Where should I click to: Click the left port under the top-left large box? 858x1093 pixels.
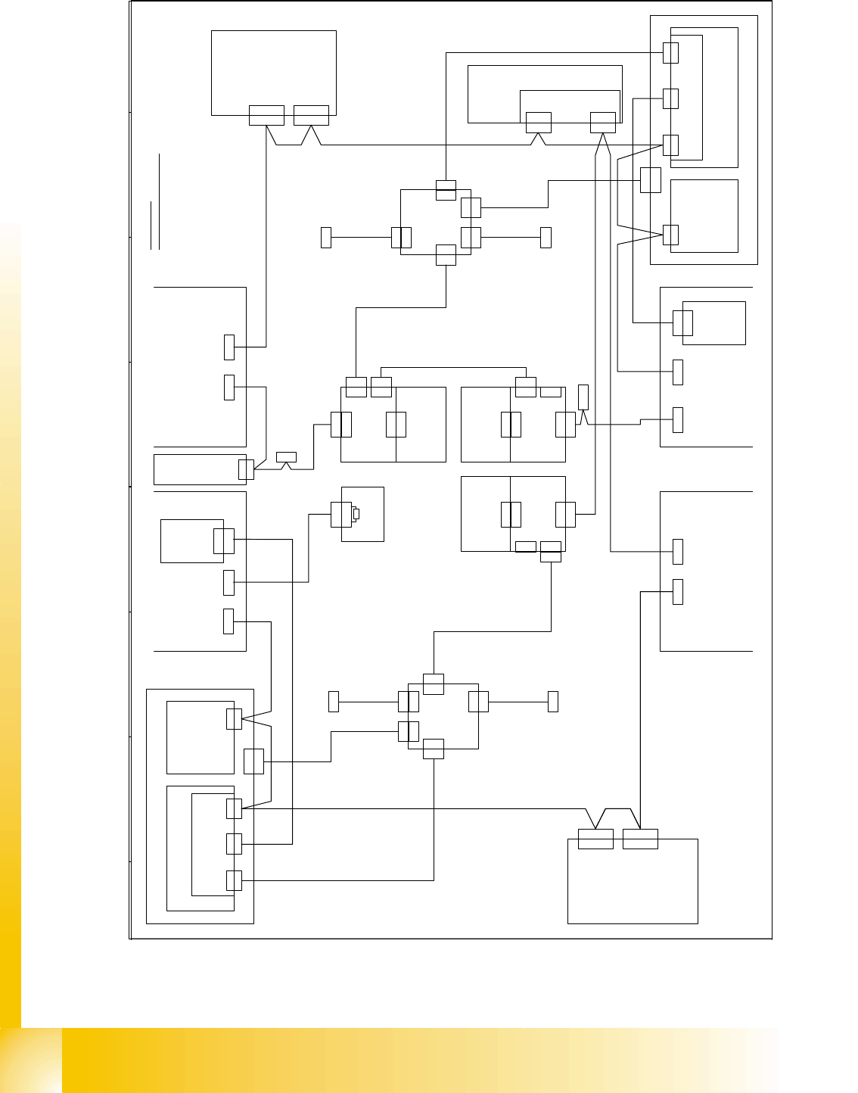(x=266, y=115)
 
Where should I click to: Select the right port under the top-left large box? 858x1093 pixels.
(x=311, y=115)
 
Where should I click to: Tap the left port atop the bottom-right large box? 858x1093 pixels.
(x=595, y=839)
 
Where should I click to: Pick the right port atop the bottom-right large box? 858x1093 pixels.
(x=640, y=839)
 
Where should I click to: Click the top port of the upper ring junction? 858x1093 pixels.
(x=446, y=191)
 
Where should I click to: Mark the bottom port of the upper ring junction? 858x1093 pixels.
(x=446, y=256)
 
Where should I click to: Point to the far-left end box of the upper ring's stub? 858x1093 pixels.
(x=326, y=237)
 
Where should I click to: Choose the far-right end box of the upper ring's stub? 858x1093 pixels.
(x=546, y=237)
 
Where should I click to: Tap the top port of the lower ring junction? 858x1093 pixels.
(x=434, y=684)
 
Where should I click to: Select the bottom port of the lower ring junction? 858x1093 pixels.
(x=434, y=749)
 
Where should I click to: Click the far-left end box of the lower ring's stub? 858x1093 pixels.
(x=334, y=701)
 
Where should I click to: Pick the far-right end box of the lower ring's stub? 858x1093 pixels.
(x=553, y=701)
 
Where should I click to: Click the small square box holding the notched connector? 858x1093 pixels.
(x=362, y=514)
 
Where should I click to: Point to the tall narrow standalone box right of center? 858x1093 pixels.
(x=583, y=397)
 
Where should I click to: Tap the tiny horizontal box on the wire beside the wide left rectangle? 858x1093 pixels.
(x=286, y=456)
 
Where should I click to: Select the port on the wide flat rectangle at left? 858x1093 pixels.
(x=246, y=469)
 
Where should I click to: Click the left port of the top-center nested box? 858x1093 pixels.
(x=538, y=122)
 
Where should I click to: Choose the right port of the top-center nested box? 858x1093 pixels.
(x=603, y=122)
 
